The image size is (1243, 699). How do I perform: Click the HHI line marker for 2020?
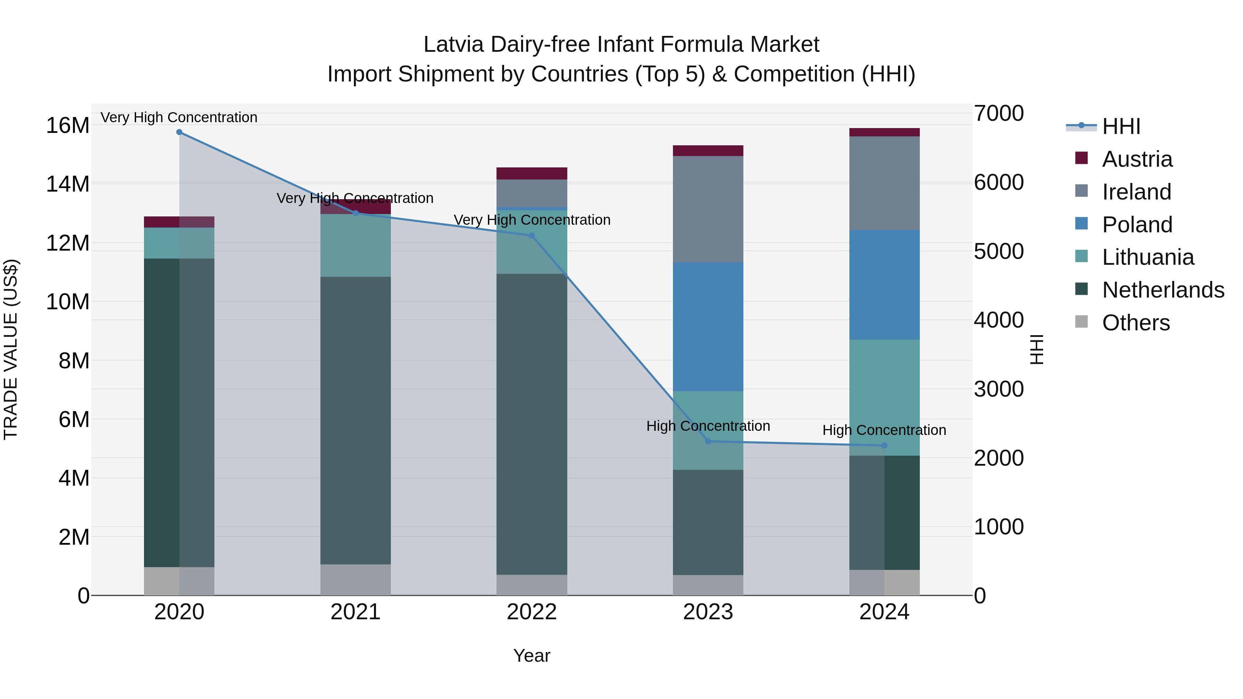coord(179,132)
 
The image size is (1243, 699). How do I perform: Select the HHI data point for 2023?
coord(708,441)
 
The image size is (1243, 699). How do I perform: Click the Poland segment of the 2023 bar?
coord(708,327)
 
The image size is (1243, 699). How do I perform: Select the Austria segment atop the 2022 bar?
coord(532,174)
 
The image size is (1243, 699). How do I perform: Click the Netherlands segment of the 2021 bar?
coord(356,420)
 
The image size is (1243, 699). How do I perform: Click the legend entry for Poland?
coord(1137,225)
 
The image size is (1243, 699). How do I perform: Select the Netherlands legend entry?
coord(1163,290)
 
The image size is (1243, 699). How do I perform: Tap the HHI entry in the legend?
coord(1121,126)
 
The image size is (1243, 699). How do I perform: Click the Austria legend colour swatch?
coord(1081,158)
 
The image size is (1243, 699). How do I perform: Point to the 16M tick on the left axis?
coord(68,125)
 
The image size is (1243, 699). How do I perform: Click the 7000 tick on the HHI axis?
coord(998,113)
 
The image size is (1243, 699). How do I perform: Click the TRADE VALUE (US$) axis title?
coord(11,349)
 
